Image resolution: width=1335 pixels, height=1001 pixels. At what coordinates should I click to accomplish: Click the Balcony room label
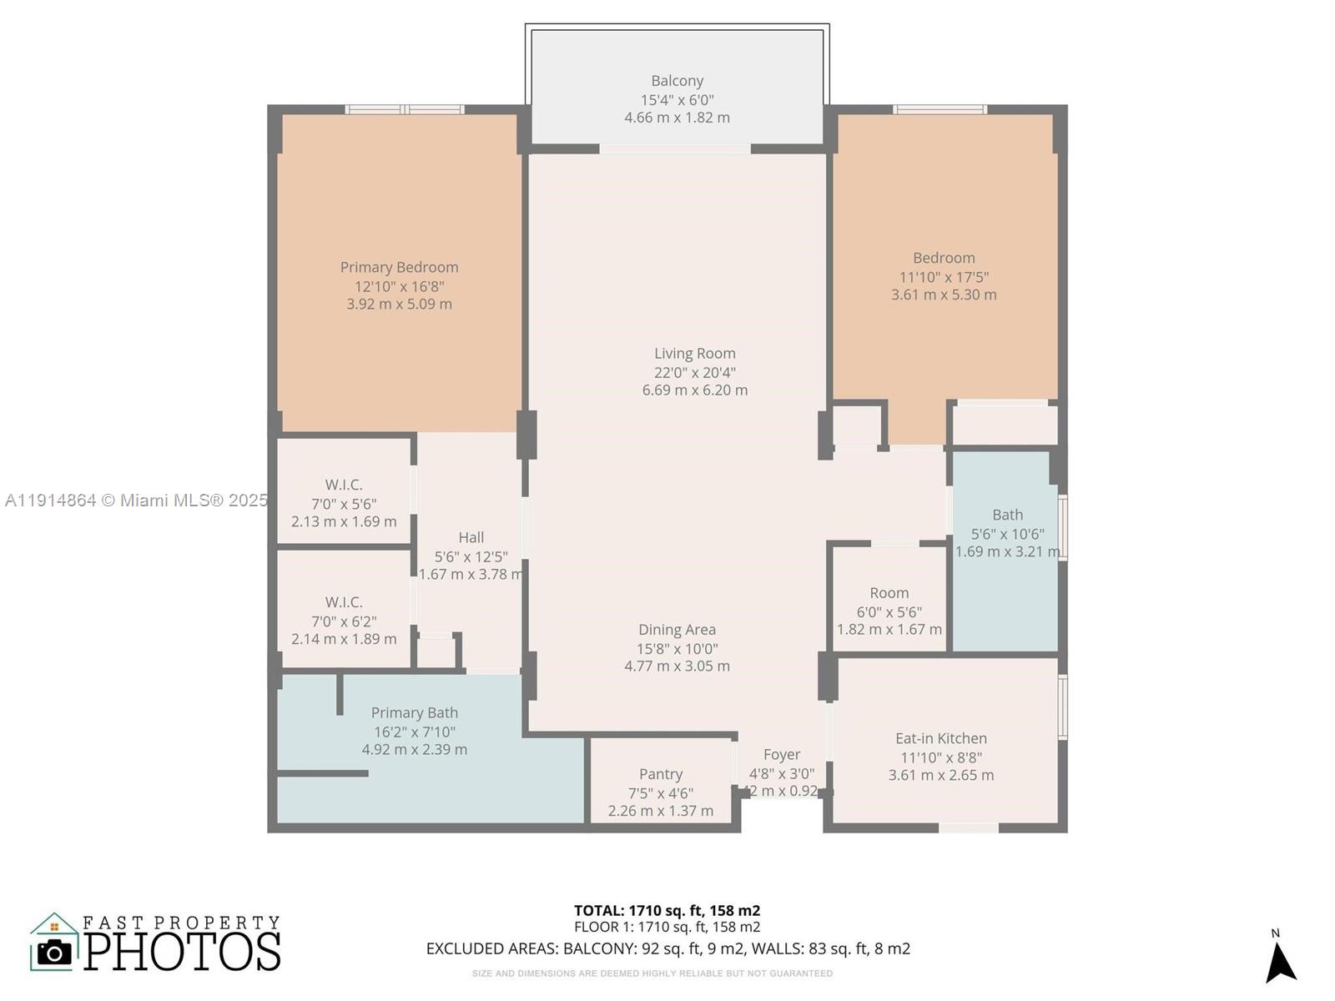(x=677, y=81)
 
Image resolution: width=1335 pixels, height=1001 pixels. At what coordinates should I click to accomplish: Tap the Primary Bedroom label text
(x=399, y=267)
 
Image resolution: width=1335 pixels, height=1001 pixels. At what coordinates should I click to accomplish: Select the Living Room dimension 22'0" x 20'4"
(x=694, y=372)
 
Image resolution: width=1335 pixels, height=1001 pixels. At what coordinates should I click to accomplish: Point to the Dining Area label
(x=677, y=630)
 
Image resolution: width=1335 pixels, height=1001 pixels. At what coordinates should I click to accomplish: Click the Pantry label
(x=660, y=774)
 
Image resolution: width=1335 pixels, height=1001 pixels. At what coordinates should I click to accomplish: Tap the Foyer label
(x=781, y=754)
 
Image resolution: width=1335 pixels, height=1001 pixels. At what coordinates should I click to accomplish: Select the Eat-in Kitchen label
(x=940, y=738)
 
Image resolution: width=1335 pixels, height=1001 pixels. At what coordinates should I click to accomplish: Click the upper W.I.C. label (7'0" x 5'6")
(x=343, y=485)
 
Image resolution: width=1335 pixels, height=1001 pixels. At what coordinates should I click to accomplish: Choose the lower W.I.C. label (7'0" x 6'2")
(x=343, y=602)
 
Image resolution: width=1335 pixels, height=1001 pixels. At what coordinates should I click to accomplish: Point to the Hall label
(x=471, y=538)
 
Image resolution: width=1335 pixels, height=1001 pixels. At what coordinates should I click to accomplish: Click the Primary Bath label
(x=414, y=712)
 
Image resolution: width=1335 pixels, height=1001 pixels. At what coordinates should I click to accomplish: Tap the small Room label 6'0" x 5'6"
(x=889, y=593)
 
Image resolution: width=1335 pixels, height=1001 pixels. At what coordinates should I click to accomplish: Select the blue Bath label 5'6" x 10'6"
(x=1007, y=516)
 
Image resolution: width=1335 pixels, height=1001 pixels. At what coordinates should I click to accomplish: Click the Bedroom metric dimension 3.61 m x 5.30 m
(x=943, y=294)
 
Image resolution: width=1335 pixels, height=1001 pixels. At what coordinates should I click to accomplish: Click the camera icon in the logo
(x=55, y=952)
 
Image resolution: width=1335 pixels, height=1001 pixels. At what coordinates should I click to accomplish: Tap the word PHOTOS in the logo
(x=182, y=952)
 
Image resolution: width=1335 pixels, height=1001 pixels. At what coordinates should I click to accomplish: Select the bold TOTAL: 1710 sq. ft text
(x=667, y=910)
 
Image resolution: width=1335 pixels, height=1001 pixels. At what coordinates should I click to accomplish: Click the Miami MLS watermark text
(x=136, y=500)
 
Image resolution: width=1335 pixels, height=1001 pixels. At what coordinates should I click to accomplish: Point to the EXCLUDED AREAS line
(x=667, y=948)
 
